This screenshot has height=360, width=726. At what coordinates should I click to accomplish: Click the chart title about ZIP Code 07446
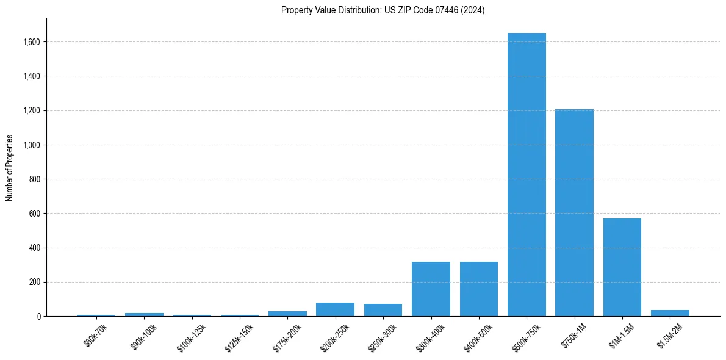tap(383, 10)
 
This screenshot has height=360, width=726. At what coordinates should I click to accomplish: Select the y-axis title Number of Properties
tap(10, 168)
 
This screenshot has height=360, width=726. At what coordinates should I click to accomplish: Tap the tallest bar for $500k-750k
tap(527, 175)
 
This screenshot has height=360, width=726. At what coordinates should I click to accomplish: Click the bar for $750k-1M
tap(574, 212)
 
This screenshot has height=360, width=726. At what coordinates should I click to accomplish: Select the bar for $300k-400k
tap(431, 289)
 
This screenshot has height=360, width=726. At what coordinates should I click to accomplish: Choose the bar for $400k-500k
tap(479, 289)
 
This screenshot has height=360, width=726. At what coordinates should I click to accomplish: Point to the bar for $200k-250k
tap(335, 309)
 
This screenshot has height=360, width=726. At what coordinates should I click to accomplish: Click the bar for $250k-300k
tap(383, 310)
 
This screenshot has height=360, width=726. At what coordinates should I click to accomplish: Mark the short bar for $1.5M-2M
tap(670, 313)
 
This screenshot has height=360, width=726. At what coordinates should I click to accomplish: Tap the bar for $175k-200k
tap(287, 314)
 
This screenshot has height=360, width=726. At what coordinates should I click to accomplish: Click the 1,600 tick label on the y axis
tap(32, 42)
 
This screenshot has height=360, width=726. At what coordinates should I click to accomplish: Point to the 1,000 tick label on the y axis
tap(32, 145)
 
